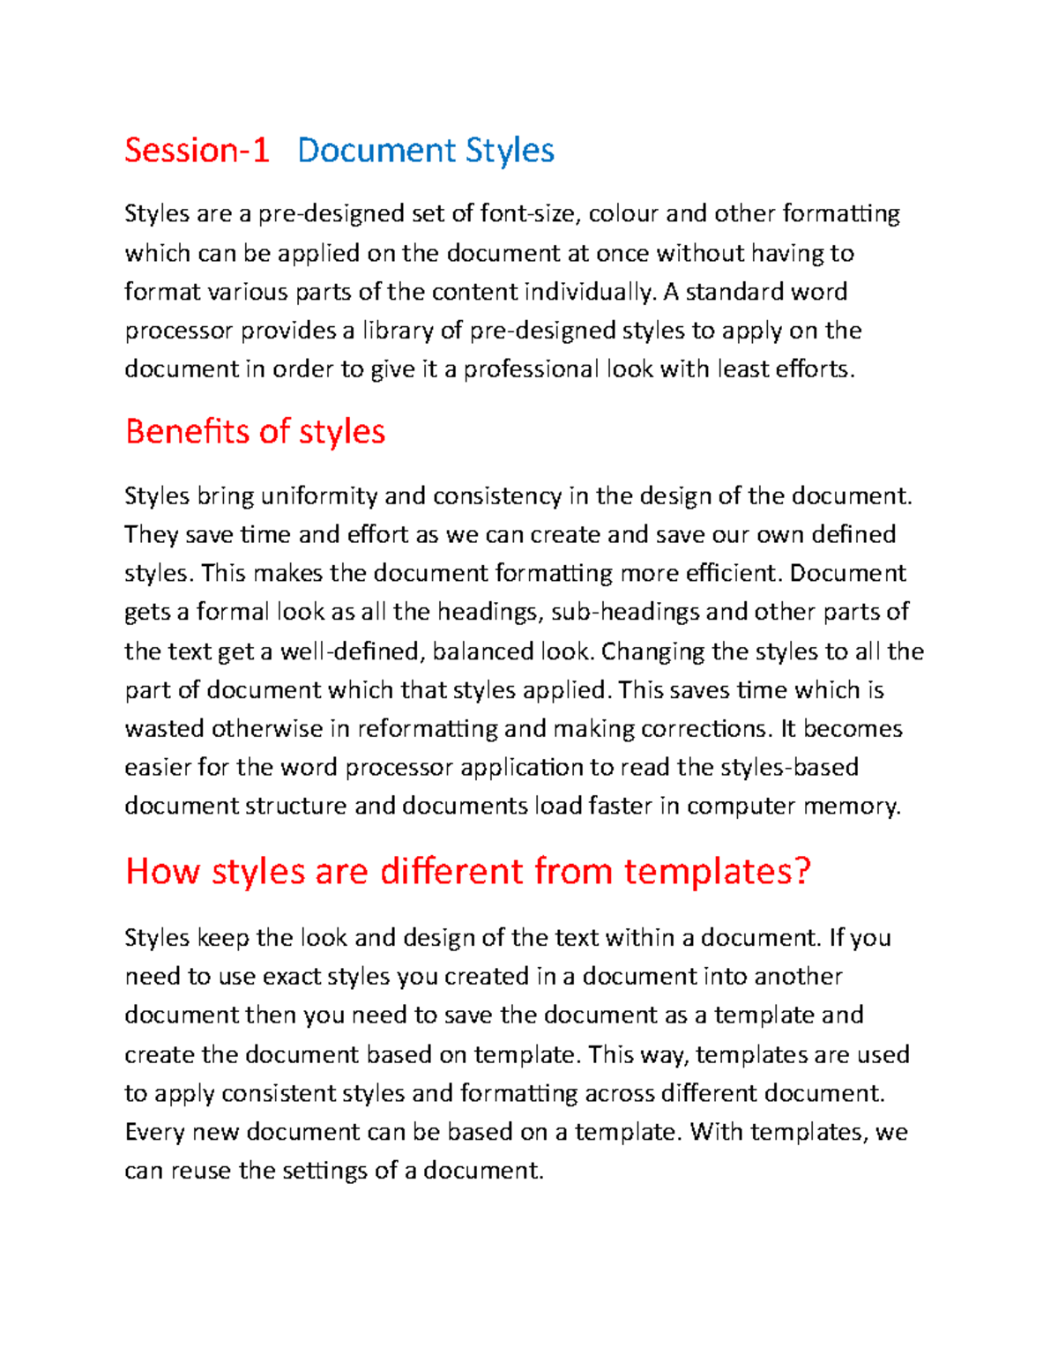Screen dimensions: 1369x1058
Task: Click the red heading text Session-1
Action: click(196, 151)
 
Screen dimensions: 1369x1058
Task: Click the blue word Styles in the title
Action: click(510, 151)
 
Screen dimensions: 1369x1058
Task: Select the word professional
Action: click(531, 369)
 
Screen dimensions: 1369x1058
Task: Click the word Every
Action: click(155, 1132)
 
